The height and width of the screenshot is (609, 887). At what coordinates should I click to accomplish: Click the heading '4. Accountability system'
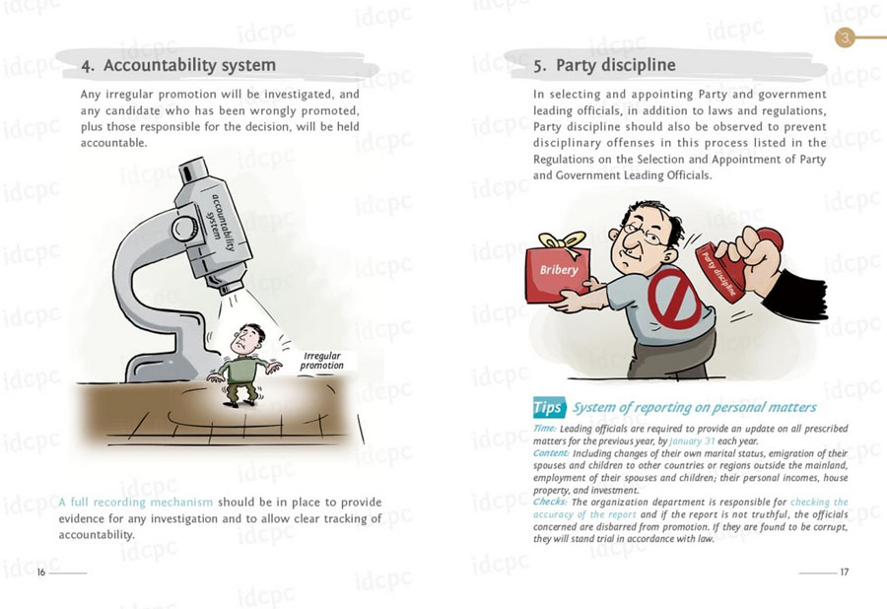point(178,66)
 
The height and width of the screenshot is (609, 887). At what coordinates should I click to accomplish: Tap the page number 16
point(40,572)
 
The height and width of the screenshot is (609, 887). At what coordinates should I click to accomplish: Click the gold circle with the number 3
point(846,38)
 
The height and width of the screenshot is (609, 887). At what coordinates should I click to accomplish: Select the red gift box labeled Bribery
point(558,272)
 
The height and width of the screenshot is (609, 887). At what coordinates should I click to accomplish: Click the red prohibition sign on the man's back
point(674,300)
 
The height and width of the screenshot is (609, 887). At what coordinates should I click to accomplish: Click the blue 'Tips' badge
point(548,407)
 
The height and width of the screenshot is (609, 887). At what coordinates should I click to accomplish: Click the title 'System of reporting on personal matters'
point(695,407)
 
